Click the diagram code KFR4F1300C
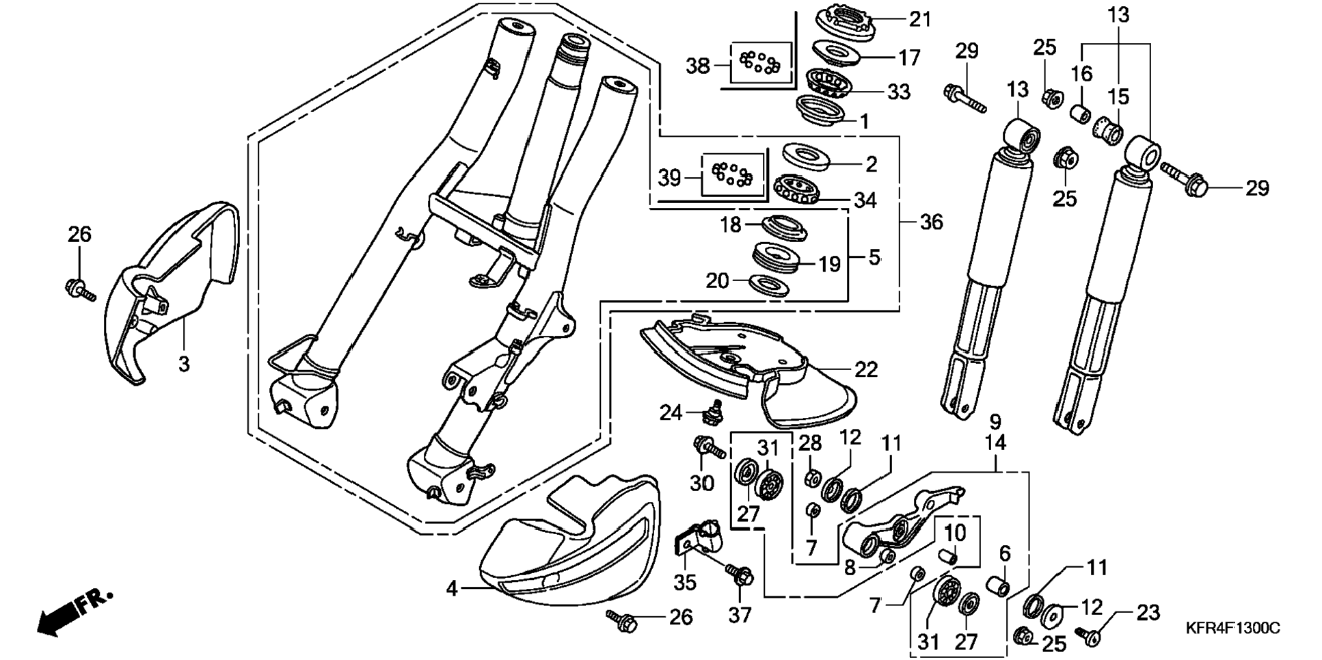point(1232,628)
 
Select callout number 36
point(930,222)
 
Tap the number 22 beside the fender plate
point(865,369)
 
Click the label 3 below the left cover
point(184,364)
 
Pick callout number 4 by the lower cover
point(452,588)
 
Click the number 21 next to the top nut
point(919,18)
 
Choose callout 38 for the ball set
point(699,66)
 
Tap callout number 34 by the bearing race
point(865,200)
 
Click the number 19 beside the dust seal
point(829,264)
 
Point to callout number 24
point(671,412)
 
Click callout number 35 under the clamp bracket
point(684,582)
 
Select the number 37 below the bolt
point(740,615)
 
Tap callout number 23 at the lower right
point(1148,613)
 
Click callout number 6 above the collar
point(1005,553)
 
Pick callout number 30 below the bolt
point(702,484)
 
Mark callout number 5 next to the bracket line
point(875,257)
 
